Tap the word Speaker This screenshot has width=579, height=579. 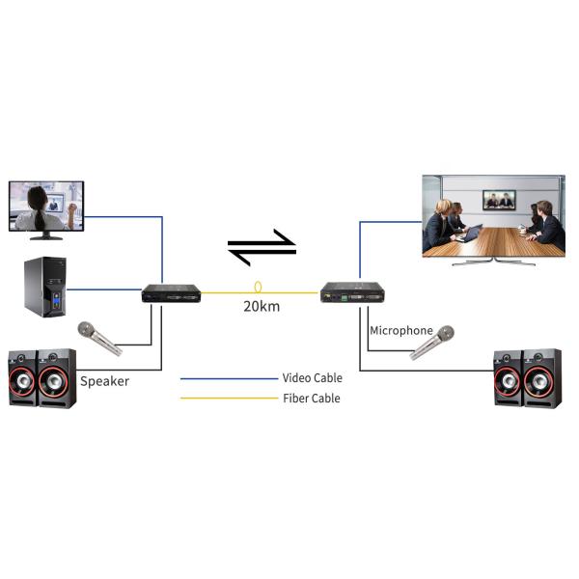pyautogui.click(x=104, y=381)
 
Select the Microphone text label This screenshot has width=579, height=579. pyautogui.click(x=401, y=331)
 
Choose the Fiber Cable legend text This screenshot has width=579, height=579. pyautogui.click(x=311, y=399)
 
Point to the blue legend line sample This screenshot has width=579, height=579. pyautogui.click(x=228, y=378)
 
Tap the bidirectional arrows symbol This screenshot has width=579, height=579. pyautogui.click(x=262, y=247)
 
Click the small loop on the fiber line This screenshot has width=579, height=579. pyautogui.click(x=258, y=288)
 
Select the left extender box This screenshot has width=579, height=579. pyautogui.click(x=171, y=293)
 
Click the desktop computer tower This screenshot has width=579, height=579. pyautogui.click(x=43, y=287)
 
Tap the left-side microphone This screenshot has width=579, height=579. pyautogui.click(x=99, y=339)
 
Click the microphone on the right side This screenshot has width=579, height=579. pyautogui.click(x=432, y=343)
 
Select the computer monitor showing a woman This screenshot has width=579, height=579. pyautogui.click(x=45, y=206)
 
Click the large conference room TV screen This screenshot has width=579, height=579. pyautogui.click(x=493, y=216)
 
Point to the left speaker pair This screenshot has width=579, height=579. pyautogui.click(x=42, y=377)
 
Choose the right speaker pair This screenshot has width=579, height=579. pyautogui.click(x=527, y=378)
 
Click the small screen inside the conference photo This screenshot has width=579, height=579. pyautogui.click(x=499, y=200)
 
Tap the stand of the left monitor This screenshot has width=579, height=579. pyautogui.click(x=45, y=235)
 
